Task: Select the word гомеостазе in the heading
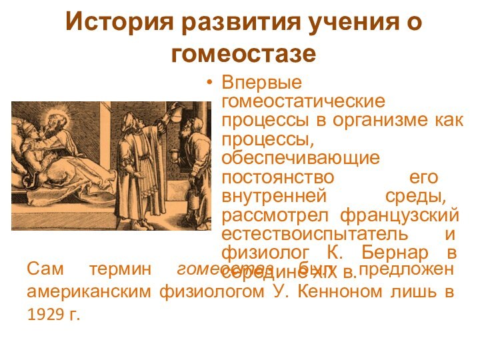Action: pyautogui.click(x=243, y=53)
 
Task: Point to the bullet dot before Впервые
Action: pyautogui.click(x=211, y=84)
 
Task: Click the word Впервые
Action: pyautogui.click(x=261, y=83)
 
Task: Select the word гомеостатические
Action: pyautogui.click(x=303, y=102)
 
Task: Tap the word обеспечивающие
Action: pyautogui.click(x=301, y=159)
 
